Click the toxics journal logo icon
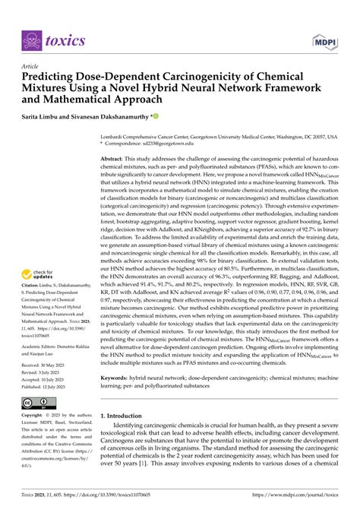(x=33, y=40)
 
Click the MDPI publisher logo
(x=322, y=40)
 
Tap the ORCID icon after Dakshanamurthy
(x=156, y=117)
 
